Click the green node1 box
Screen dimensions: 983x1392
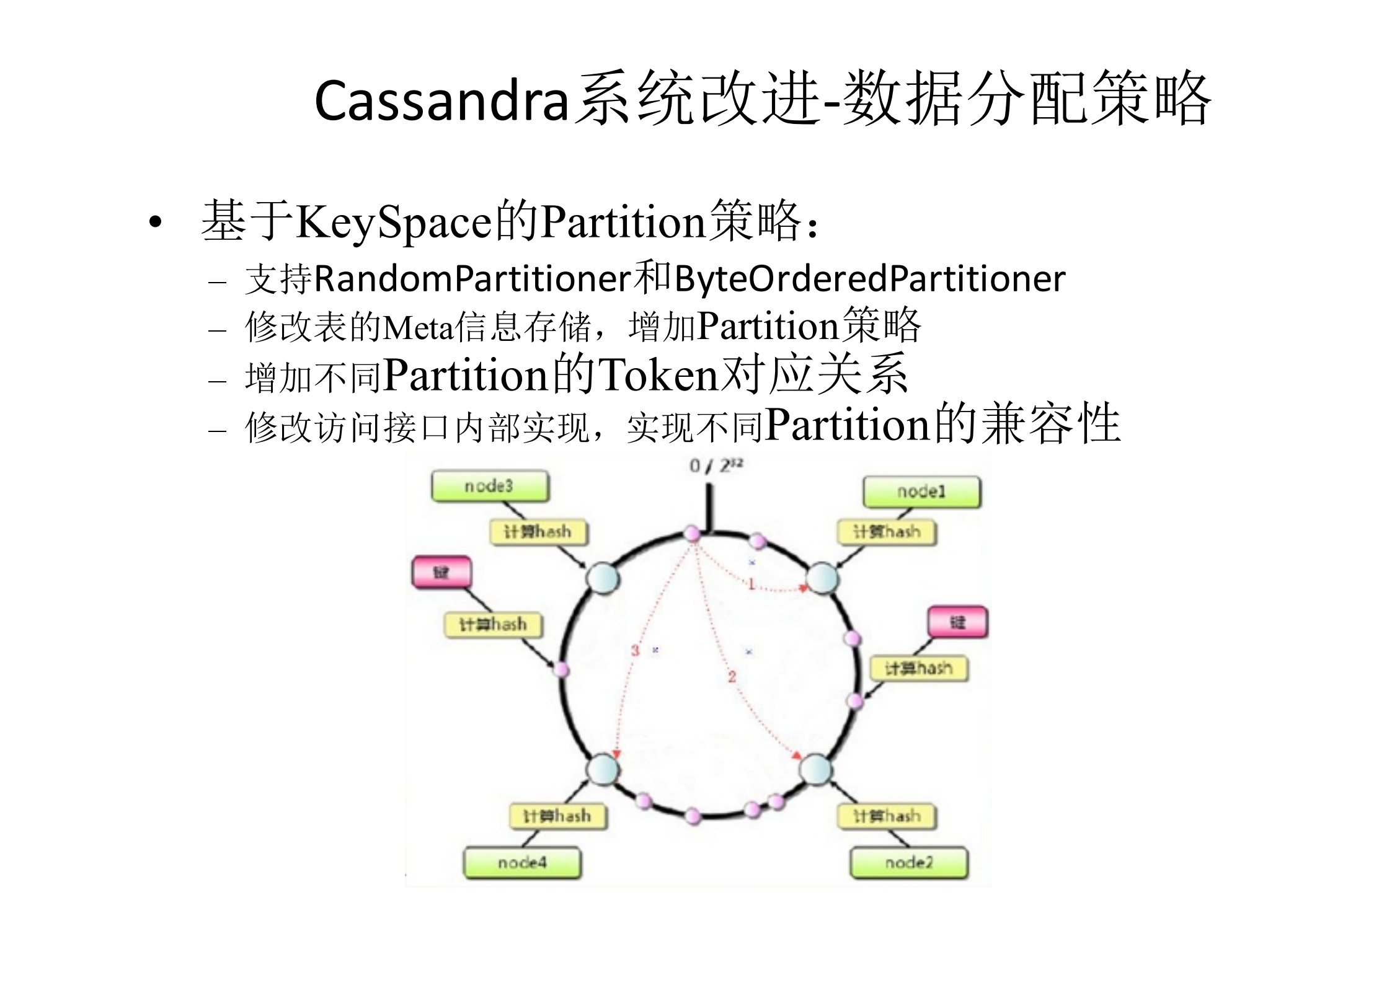tap(921, 492)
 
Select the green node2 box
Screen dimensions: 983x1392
tap(908, 862)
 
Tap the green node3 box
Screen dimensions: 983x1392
tap(490, 486)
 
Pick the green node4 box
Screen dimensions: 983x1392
tap(522, 862)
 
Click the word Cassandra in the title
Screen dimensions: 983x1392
tap(441, 101)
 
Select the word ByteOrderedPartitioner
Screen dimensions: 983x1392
tap(869, 279)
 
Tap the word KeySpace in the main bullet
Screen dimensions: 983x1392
tap(394, 223)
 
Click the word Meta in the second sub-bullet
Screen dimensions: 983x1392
tap(419, 327)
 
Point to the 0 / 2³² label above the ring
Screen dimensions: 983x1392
tap(716, 465)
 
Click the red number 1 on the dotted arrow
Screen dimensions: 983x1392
tap(751, 584)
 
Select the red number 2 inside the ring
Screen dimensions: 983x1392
tap(732, 677)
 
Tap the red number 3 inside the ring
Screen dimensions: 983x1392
tap(635, 650)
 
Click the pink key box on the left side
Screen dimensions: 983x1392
tap(441, 572)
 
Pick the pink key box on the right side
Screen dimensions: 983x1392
tap(957, 622)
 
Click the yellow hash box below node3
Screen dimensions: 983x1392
tap(538, 532)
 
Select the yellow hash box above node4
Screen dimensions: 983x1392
tap(557, 816)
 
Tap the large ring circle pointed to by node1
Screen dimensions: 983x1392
tap(822, 578)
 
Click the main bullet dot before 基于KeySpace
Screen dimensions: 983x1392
tap(155, 223)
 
